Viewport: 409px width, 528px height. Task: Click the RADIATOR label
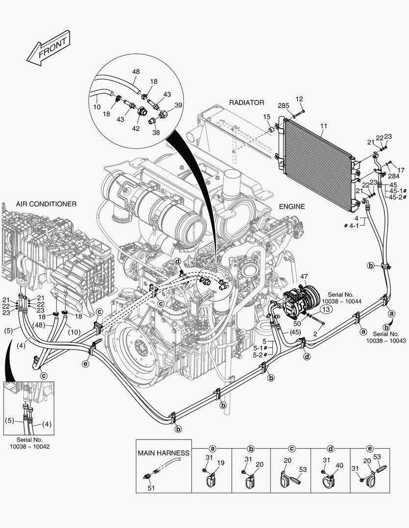246,103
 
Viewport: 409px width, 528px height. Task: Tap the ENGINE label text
292,207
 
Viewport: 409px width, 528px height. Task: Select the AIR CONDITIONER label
46,203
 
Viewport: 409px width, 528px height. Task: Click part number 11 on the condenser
323,126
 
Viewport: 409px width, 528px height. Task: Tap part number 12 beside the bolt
300,100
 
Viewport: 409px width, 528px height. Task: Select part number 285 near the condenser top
283,106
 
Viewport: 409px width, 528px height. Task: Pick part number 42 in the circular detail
136,128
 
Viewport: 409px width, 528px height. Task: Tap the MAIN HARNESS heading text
163,453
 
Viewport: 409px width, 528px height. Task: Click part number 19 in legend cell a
220,463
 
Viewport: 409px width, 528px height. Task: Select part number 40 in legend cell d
339,465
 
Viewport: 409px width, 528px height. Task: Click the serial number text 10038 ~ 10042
29,446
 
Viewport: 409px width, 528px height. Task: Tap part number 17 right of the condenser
401,170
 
